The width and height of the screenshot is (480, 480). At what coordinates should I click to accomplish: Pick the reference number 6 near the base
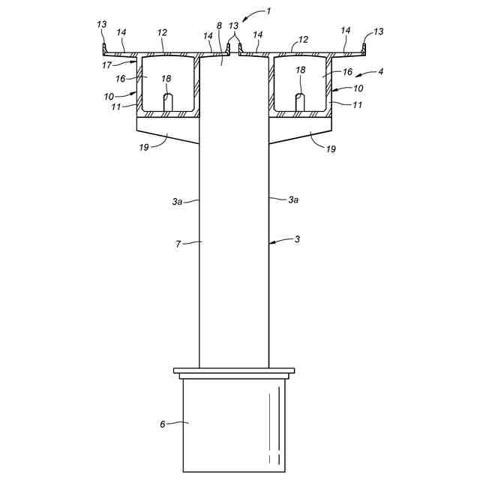coord(162,424)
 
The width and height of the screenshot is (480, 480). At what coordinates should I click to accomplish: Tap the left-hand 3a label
coord(176,201)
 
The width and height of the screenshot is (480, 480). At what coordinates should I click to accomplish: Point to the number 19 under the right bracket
coord(331,148)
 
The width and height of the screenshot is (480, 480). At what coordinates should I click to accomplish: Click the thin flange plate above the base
coord(233,370)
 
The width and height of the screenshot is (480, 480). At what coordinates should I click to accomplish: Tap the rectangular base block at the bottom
coord(233,424)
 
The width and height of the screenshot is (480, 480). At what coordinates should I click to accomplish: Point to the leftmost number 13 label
coord(102,24)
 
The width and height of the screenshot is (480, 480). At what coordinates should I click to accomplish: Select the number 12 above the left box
coord(163,33)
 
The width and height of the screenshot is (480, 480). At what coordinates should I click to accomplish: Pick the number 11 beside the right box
coord(358,104)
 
